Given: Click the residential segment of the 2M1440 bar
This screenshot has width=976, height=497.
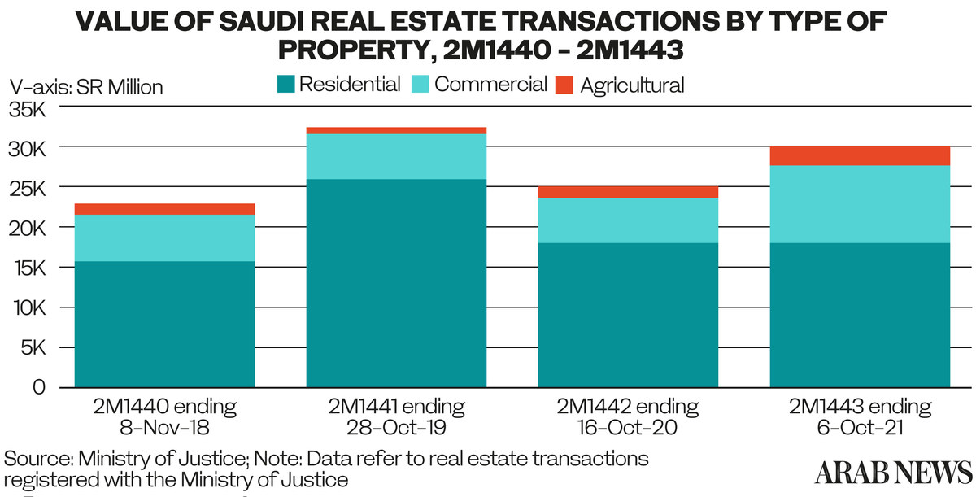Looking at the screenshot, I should click(x=164, y=324).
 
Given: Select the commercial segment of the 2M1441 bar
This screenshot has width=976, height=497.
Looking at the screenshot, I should click(x=396, y=156).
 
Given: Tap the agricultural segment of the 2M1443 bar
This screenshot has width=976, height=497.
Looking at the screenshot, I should click(x=861, y=155).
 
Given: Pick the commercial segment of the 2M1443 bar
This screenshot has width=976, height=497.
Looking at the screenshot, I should click(x=861, y=204).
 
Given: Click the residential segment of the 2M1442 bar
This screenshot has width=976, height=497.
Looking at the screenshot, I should click(x=628, y=315).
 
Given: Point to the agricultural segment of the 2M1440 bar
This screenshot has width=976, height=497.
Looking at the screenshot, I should click(x=164, y=209).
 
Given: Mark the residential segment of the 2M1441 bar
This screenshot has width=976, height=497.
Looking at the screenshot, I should click(x=396, y=282).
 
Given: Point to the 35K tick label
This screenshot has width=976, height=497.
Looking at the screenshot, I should click(x=29, y=109).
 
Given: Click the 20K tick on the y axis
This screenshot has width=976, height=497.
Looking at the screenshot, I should click(x=29, y=229).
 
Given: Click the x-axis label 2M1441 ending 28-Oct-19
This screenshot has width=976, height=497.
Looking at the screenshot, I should click(x=396, y=416).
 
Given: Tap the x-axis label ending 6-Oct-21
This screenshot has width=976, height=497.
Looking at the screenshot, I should click(x=861, y=416).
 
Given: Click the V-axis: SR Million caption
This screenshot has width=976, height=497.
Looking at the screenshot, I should click(x=86, y=87).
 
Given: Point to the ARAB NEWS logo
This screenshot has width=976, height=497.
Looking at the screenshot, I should click(x=892, y=472).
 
